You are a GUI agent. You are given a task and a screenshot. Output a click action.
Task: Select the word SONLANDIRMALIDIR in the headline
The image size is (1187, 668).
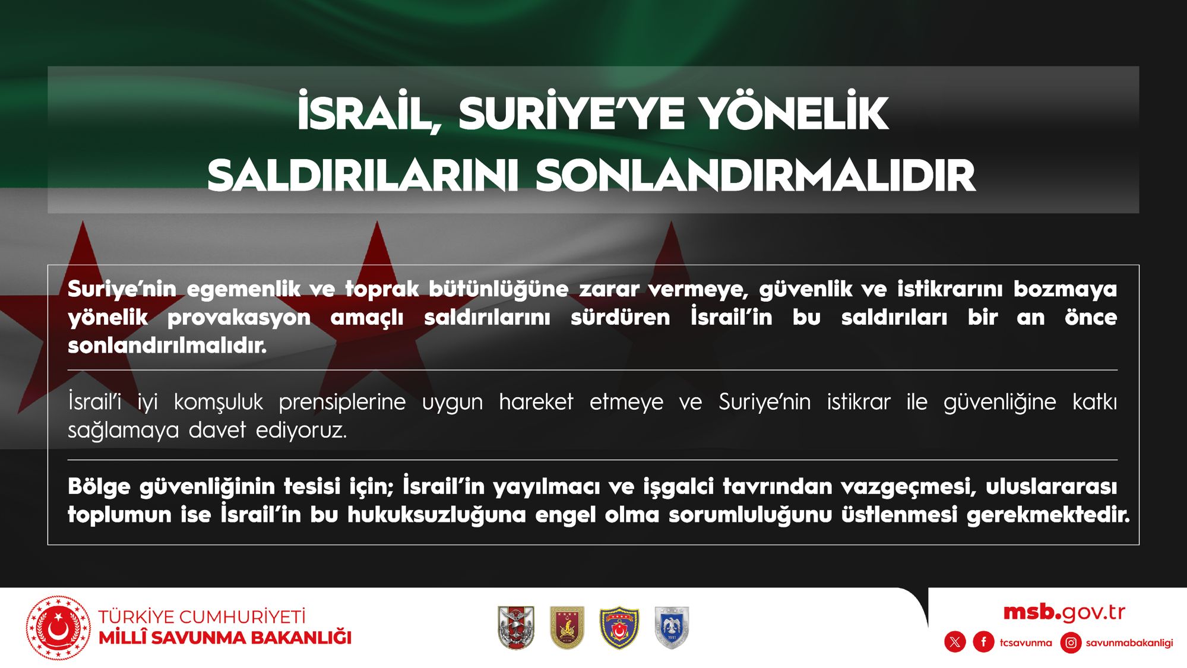click(x=755, y=175)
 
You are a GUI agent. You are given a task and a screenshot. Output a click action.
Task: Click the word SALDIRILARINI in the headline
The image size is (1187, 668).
click(x=363, y=175)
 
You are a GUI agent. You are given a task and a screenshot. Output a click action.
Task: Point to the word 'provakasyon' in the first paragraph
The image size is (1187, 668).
click(x=239, y=318)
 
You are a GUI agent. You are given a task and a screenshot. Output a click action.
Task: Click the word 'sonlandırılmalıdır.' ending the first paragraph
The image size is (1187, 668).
click(x=167, y=345)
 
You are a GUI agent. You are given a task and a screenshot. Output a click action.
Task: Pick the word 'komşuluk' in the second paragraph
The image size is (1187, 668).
click(x=218, y=403)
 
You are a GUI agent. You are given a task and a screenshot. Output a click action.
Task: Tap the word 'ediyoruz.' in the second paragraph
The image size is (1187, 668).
click(x=301, y=429)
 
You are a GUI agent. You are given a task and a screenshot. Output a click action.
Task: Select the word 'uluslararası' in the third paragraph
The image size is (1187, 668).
click(x=1051, y=486)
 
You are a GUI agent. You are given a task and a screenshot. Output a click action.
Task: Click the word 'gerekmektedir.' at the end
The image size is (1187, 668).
click(x=1048, y=515)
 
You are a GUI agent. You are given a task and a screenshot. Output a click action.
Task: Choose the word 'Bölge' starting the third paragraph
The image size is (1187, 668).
click(x=99, y=487)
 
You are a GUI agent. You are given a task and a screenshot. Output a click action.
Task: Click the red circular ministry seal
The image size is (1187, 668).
click(x=58, y=628)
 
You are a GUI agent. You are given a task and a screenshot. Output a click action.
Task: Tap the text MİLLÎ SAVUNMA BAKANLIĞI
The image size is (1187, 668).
click(x=225, y=638)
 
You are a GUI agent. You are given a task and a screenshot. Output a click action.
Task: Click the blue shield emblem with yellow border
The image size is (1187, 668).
click(x=619, y=628)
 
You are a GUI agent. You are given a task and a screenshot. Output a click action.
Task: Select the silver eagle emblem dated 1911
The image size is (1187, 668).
click(x=672, y=628)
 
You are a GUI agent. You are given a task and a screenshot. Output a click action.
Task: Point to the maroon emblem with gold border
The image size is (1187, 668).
click(x=567, y=628)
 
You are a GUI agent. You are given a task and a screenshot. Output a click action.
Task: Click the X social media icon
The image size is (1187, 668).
click(x=955, y=642)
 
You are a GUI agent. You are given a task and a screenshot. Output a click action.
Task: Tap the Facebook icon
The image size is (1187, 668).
click(x=983, y=642)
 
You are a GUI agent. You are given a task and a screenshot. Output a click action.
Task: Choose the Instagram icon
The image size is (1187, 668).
click(x=1071, y=642)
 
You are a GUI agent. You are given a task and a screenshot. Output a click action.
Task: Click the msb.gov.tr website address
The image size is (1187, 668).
click(x=1064, y=612)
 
